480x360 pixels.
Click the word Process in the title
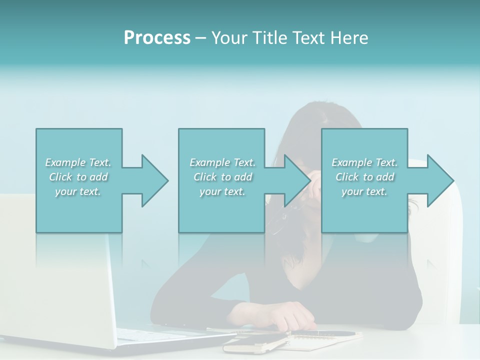(x=157, y=38)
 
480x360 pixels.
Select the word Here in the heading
(x=350, y=38)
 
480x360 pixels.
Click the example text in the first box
(x=78, y=177)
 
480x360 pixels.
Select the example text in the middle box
(x=222, y=177)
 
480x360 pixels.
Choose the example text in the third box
(x=364, y=177)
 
